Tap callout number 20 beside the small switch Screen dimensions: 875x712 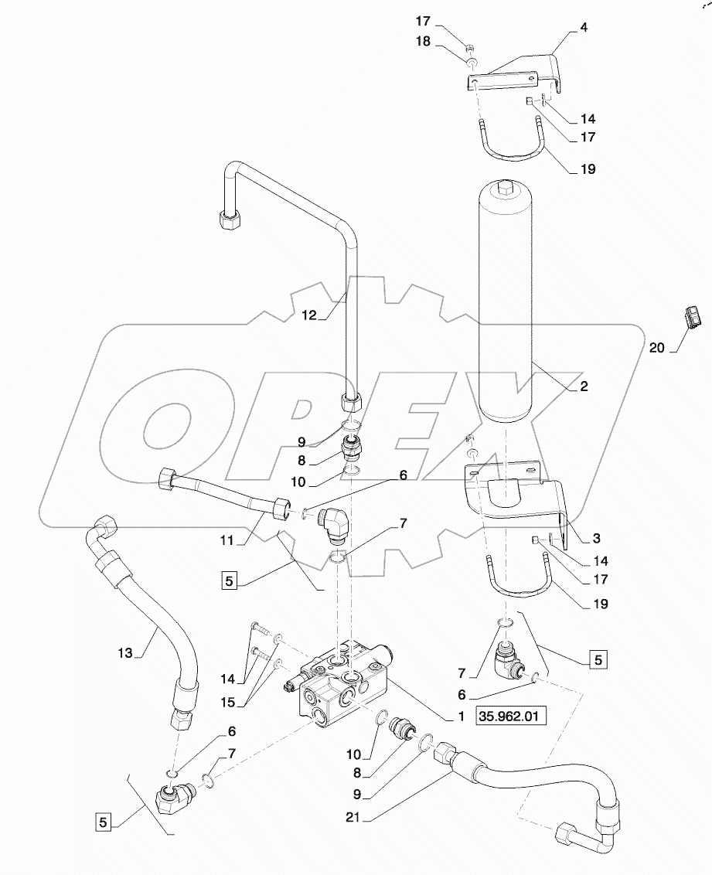[657, 349]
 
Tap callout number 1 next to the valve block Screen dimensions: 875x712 [462, 717]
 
